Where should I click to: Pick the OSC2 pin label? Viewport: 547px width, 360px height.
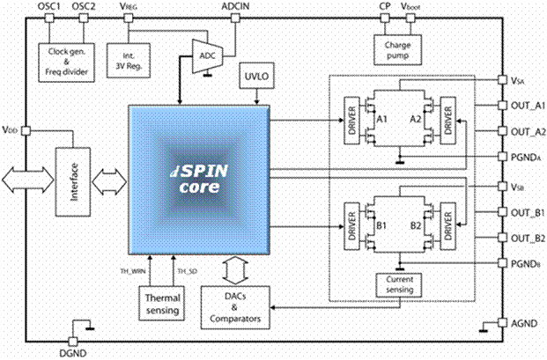84,6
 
